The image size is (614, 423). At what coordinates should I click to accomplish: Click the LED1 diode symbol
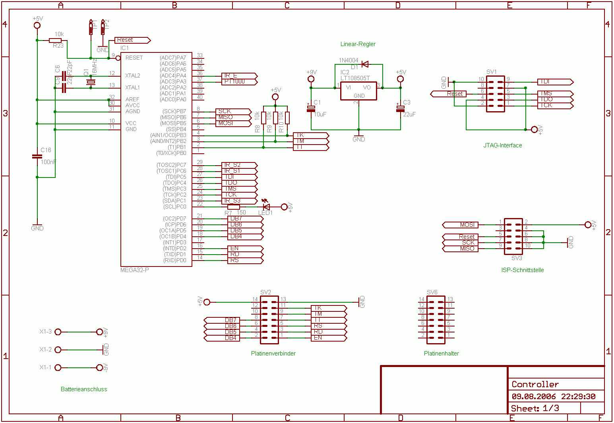click(266, 207)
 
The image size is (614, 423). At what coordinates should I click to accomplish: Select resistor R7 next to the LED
click(234, 207)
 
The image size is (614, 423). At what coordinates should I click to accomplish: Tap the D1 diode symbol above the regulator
click(365, 64)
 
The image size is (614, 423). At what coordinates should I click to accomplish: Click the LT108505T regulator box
click(358, 91)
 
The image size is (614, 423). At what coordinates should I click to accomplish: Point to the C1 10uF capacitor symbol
click(311, 108)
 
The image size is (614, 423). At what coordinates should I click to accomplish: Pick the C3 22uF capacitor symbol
click(400, 108)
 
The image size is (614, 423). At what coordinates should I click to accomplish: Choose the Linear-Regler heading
click(358, 44)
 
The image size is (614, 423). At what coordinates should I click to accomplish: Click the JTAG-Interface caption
click(502, 145)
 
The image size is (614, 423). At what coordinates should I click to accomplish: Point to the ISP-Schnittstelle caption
click(522, 270)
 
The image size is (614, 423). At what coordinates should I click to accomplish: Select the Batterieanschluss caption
click(84, 389)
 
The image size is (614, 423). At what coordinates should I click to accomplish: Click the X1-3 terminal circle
click(58, 332)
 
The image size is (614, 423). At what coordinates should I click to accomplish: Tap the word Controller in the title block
click(535, 384)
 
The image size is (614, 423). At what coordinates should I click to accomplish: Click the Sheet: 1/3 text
click(535, 408)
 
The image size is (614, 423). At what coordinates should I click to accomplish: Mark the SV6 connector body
click(436, 320)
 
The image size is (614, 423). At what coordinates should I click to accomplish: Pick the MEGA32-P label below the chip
click(134, 270)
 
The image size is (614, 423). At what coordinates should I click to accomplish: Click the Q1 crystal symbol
click(91, 82)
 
